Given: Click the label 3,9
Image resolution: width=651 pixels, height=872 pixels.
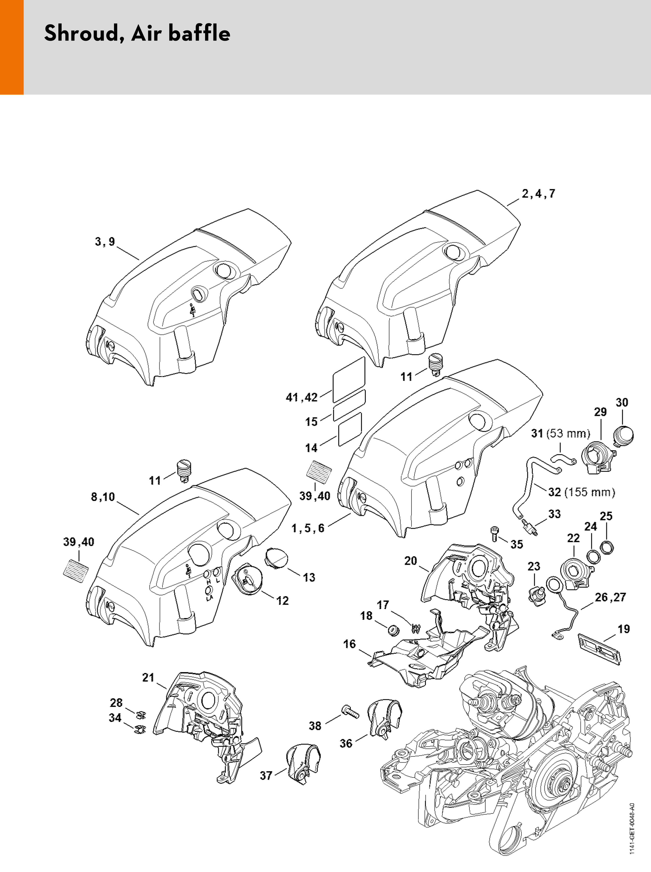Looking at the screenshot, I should (105, 241).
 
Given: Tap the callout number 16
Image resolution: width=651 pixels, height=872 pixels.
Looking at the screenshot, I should (349, 644).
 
